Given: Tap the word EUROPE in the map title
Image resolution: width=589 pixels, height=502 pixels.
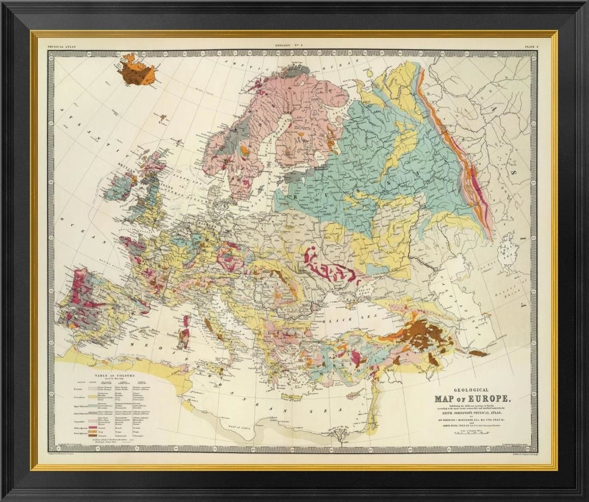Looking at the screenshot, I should pyautogui.click(x=489, y=399).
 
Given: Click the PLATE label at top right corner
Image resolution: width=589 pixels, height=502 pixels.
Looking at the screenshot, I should pyautogui.click(x=531, y=46).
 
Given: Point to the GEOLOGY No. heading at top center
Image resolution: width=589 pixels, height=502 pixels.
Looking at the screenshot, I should pyautogui.click(x=290, y=46).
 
